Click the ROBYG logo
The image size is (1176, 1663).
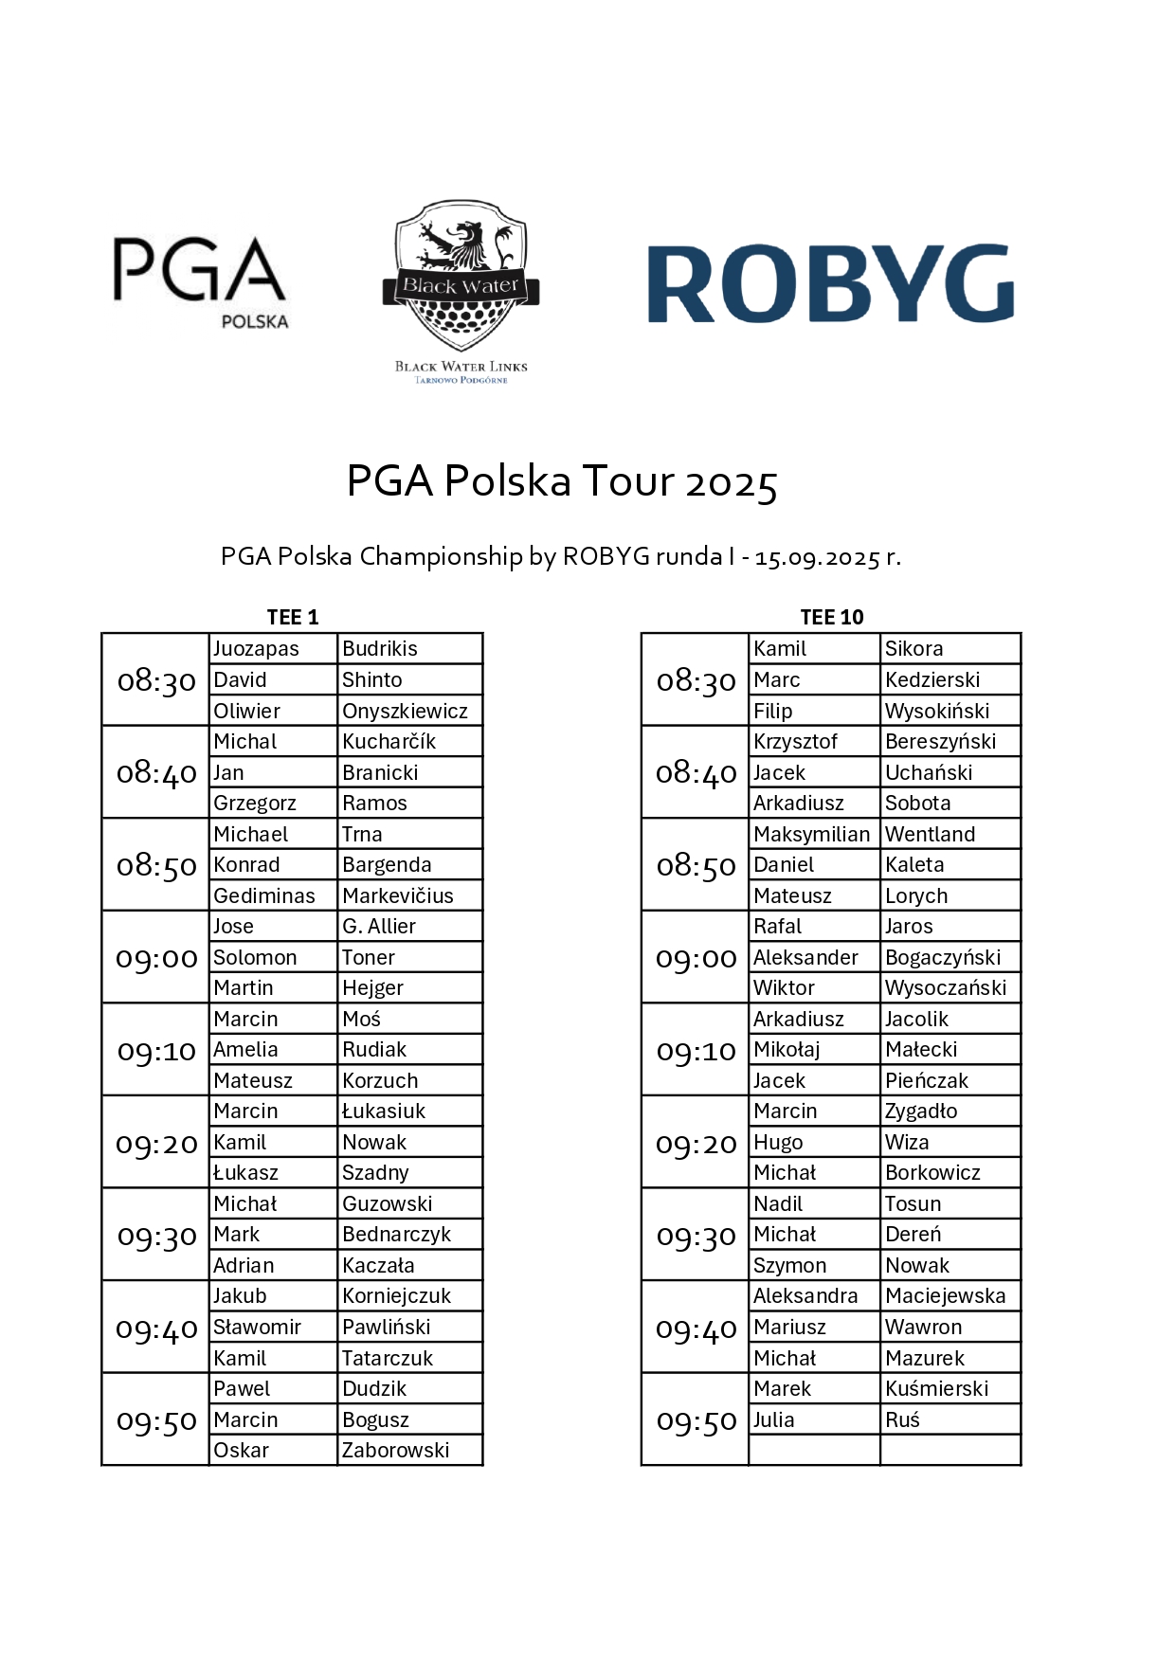[830, 284]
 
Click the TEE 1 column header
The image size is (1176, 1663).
[293, 617]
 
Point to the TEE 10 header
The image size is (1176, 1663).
[832, 617]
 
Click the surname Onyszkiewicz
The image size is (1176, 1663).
[405, 711]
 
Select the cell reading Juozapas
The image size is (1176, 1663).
[256, 648]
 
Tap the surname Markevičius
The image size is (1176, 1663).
[398, 895]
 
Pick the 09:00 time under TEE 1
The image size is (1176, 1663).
[156, 958]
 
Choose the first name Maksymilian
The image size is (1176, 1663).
[811, 834]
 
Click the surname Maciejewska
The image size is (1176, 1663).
[945, 1295]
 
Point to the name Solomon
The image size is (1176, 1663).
[255, 957]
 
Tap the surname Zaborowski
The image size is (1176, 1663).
[396, 1450]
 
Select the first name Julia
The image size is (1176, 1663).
[774, 1419]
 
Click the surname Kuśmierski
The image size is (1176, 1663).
[936, 1388]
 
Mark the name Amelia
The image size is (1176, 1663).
[245, 1049]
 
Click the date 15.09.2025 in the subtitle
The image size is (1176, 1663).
[818, 557]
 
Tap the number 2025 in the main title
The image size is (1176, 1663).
[732, 482]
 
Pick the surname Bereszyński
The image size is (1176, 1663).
[940, 741]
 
